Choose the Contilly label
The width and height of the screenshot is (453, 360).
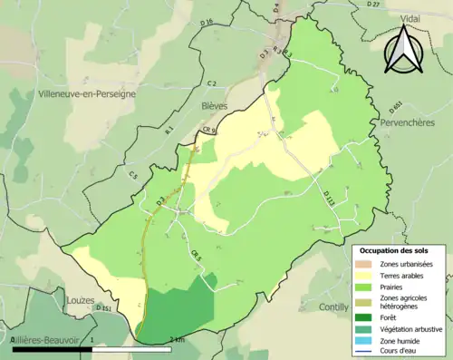333,307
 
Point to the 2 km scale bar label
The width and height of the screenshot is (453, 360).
178,339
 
